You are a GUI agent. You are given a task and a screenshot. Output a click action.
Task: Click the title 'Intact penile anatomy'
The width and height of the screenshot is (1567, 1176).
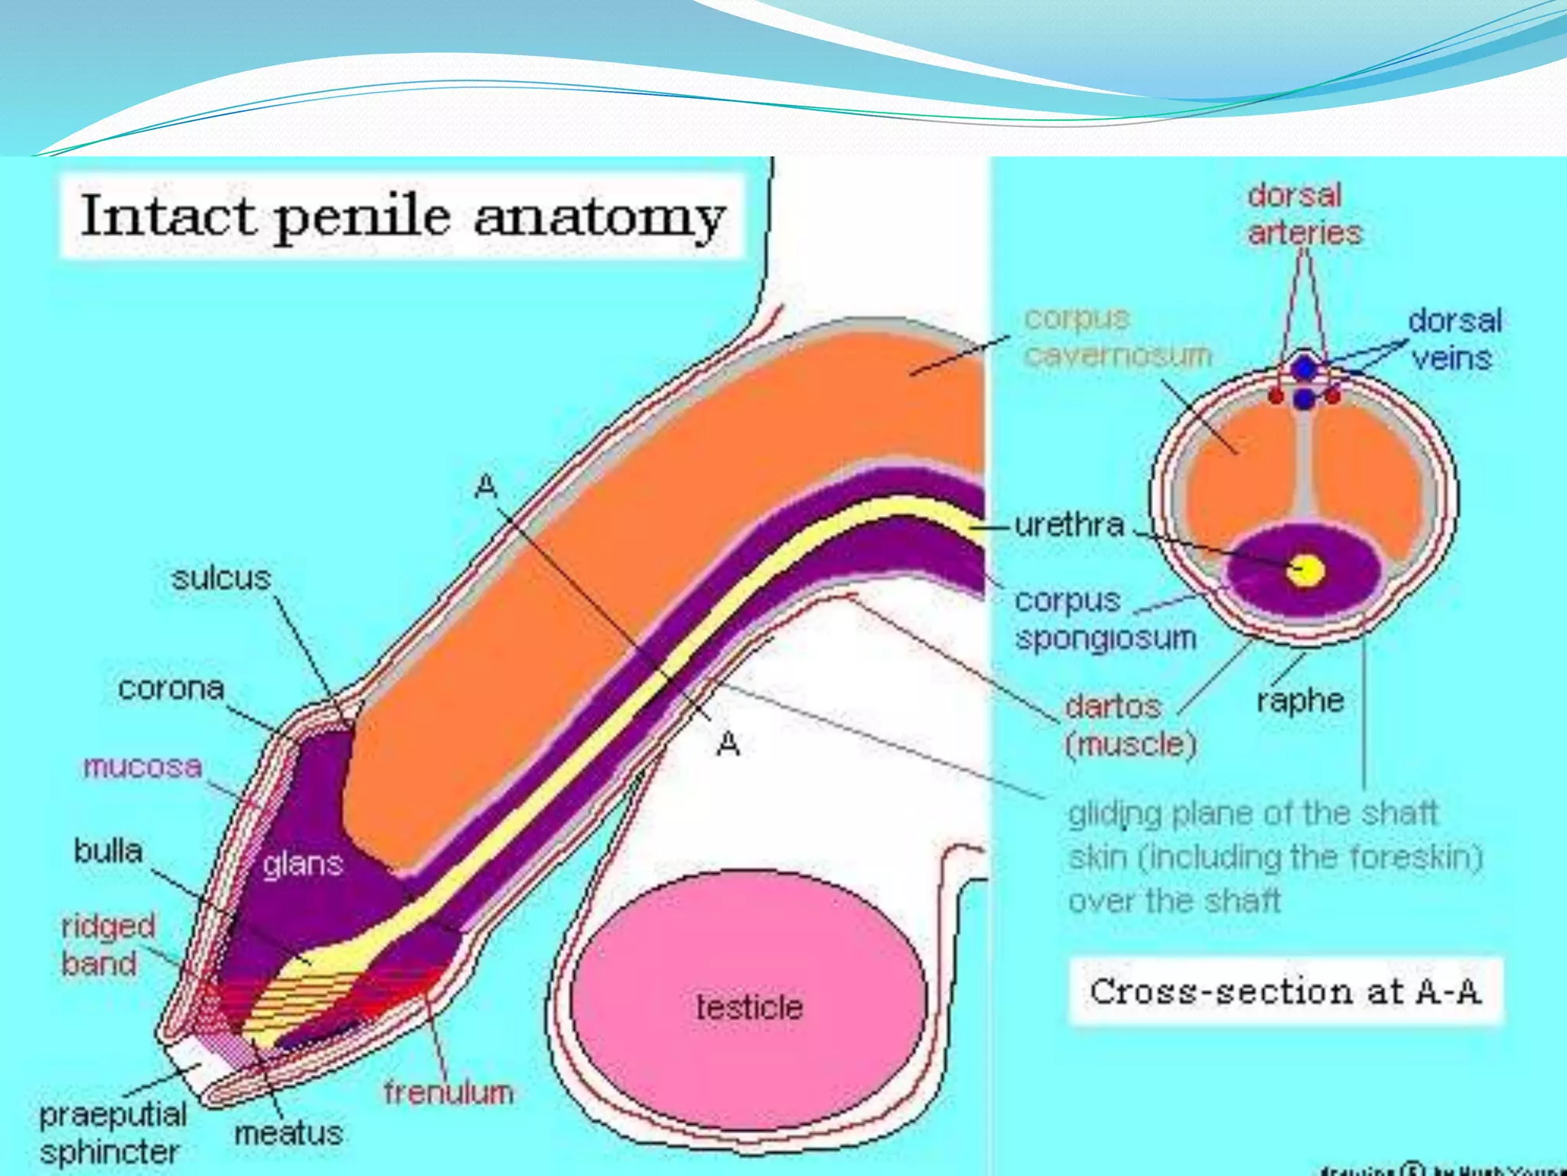tap(402, 217)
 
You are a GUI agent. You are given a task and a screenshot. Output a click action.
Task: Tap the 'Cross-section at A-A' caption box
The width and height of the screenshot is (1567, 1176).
tap(1285, 991)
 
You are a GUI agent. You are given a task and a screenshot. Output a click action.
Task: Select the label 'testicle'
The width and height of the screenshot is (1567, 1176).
tap(749, 1007)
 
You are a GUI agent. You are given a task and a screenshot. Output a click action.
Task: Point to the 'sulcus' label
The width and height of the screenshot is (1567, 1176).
tap(221, 578)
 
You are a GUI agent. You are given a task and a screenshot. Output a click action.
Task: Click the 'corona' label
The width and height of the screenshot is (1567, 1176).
tap(171, 688)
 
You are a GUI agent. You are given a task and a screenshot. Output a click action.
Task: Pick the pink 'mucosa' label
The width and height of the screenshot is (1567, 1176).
tap(142, 766)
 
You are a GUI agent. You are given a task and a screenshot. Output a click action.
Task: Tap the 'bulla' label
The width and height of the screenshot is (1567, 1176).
tap(108, 851)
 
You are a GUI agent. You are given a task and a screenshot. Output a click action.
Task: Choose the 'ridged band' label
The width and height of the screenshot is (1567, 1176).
tap(108, 944)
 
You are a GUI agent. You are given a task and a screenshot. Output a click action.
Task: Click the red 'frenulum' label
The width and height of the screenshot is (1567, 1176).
tap(448, 1093)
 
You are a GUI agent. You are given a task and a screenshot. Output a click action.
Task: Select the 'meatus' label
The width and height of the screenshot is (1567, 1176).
tap(288, 1133)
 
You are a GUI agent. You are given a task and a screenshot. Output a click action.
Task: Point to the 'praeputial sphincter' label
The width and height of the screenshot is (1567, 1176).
tap(112, 1133)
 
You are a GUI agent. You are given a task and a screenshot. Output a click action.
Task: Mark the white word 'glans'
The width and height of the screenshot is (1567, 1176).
tap(302, 864)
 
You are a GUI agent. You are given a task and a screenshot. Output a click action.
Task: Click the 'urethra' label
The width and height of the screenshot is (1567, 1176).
tap(1069, 525)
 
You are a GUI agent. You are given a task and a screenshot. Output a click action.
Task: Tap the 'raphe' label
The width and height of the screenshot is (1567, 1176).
tap(1300, 700)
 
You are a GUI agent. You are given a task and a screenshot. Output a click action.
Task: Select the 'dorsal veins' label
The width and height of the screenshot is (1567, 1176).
tap(1454, 339)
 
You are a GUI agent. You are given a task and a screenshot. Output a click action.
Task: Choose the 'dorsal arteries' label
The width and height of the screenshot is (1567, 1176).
tap(1304, 214)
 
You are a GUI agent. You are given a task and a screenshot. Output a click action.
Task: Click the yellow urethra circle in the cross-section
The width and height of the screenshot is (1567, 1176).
tap(1305, 570)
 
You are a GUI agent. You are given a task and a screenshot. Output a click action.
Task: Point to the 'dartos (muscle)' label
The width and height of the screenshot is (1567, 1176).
tap(1130, 724)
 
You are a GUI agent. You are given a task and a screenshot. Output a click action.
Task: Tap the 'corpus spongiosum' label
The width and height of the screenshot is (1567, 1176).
tap(1105, 619)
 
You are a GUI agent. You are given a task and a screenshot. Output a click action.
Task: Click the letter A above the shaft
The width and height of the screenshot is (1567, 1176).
tap(487, 485)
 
